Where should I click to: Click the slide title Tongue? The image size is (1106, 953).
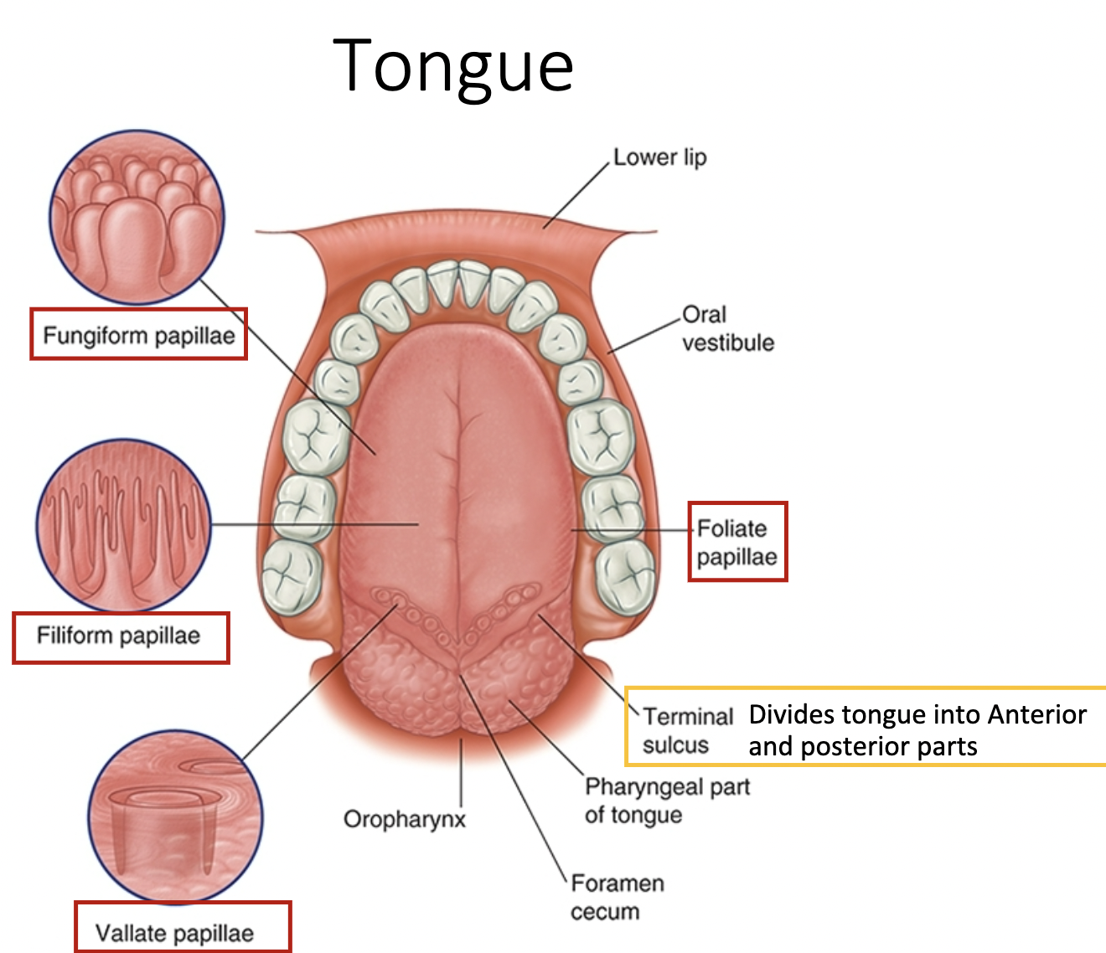(x=453, y=66)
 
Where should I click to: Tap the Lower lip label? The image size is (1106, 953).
(x=659, y=157)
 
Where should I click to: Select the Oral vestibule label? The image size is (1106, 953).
(x=727, y=328)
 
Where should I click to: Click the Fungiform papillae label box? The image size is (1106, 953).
(x=139, y=335)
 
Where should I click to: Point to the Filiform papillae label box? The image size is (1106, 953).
(x=120, y=636)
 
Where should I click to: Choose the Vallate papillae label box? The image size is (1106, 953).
(x=183, y=927)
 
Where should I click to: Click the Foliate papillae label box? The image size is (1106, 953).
(x=737, y=542)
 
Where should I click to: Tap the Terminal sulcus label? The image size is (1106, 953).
(x=687, y=730)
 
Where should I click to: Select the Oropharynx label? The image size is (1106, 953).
(x=404, y=818)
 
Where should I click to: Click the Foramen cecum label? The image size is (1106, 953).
(x=617, y=897)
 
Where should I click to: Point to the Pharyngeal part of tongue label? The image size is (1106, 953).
(x=667, y=800)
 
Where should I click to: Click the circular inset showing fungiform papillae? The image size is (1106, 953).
(x=137, y=217)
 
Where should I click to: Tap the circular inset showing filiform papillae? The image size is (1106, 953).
(x=123, y=525)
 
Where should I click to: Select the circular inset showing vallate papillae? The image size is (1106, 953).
(x=175, y=816)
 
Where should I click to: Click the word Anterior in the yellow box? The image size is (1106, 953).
(x=1036, y=714)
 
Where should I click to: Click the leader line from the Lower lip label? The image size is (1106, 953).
(x=576, y=193)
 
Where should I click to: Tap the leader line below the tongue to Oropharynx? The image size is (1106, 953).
(x=461, y=770)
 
